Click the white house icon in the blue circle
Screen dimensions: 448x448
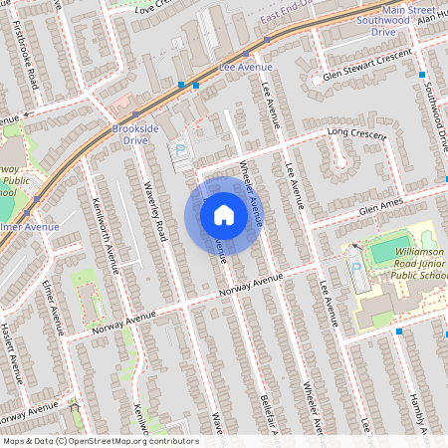pos(224,214)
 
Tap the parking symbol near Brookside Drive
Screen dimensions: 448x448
pos(181,151)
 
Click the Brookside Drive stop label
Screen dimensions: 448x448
pos(129,135)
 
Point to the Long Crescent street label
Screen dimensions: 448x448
pos(354,135)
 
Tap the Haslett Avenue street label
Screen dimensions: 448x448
pos(16,352)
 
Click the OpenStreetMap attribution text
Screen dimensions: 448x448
pos(101,441)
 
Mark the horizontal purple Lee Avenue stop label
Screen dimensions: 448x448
pos(245,67)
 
